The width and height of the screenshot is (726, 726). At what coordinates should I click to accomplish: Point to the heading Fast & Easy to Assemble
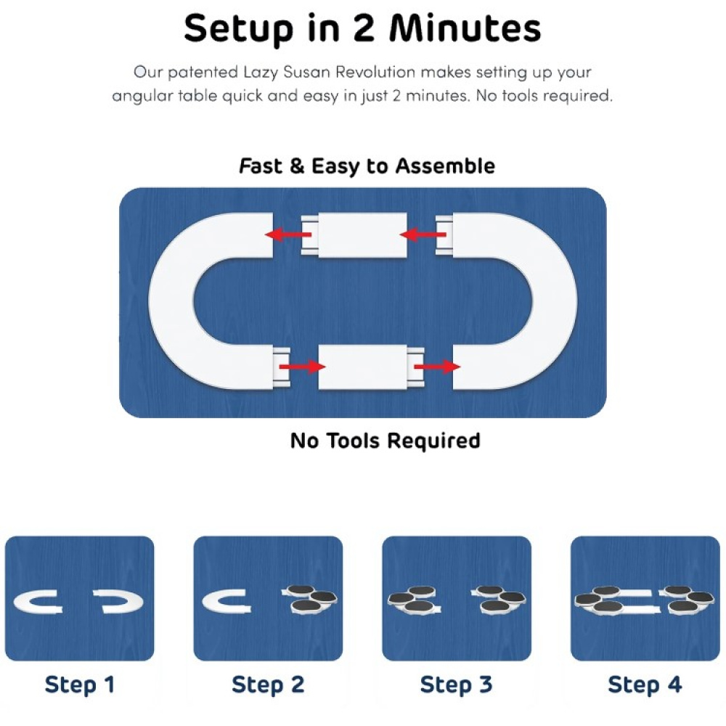[367, 166]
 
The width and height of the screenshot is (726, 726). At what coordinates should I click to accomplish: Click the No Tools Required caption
[385, 440]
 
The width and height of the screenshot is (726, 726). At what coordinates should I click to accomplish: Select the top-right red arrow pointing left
[423, 234]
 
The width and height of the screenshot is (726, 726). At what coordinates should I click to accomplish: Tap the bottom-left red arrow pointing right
[301, 367]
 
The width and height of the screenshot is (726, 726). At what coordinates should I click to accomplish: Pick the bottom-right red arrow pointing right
[437, 367]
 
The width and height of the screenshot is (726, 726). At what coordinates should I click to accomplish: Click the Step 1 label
[79, 684]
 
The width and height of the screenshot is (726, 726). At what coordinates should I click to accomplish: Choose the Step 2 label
[267, 684]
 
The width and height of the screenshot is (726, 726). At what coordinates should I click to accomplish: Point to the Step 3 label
[456, 684]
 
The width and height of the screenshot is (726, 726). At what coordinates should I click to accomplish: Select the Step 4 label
[645, 684]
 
